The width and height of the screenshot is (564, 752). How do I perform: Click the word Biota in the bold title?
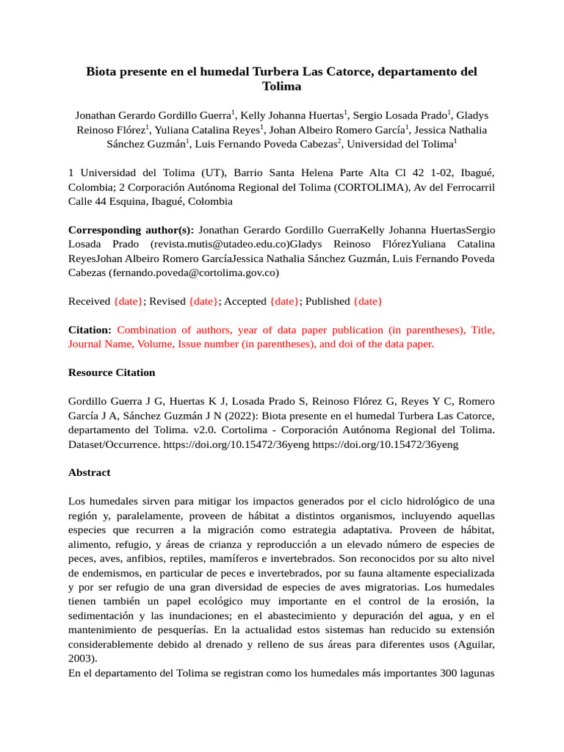(104, 71)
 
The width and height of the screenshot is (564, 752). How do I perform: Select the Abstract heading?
(90, 473)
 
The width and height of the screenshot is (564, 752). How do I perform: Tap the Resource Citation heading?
(112, 372)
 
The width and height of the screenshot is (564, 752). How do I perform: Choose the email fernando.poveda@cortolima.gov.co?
(194, 272)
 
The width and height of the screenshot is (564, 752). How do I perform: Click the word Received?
(90, 301)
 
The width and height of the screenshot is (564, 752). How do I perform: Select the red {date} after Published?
(367, 301)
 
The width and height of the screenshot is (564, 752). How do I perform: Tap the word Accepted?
(245, 301)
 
